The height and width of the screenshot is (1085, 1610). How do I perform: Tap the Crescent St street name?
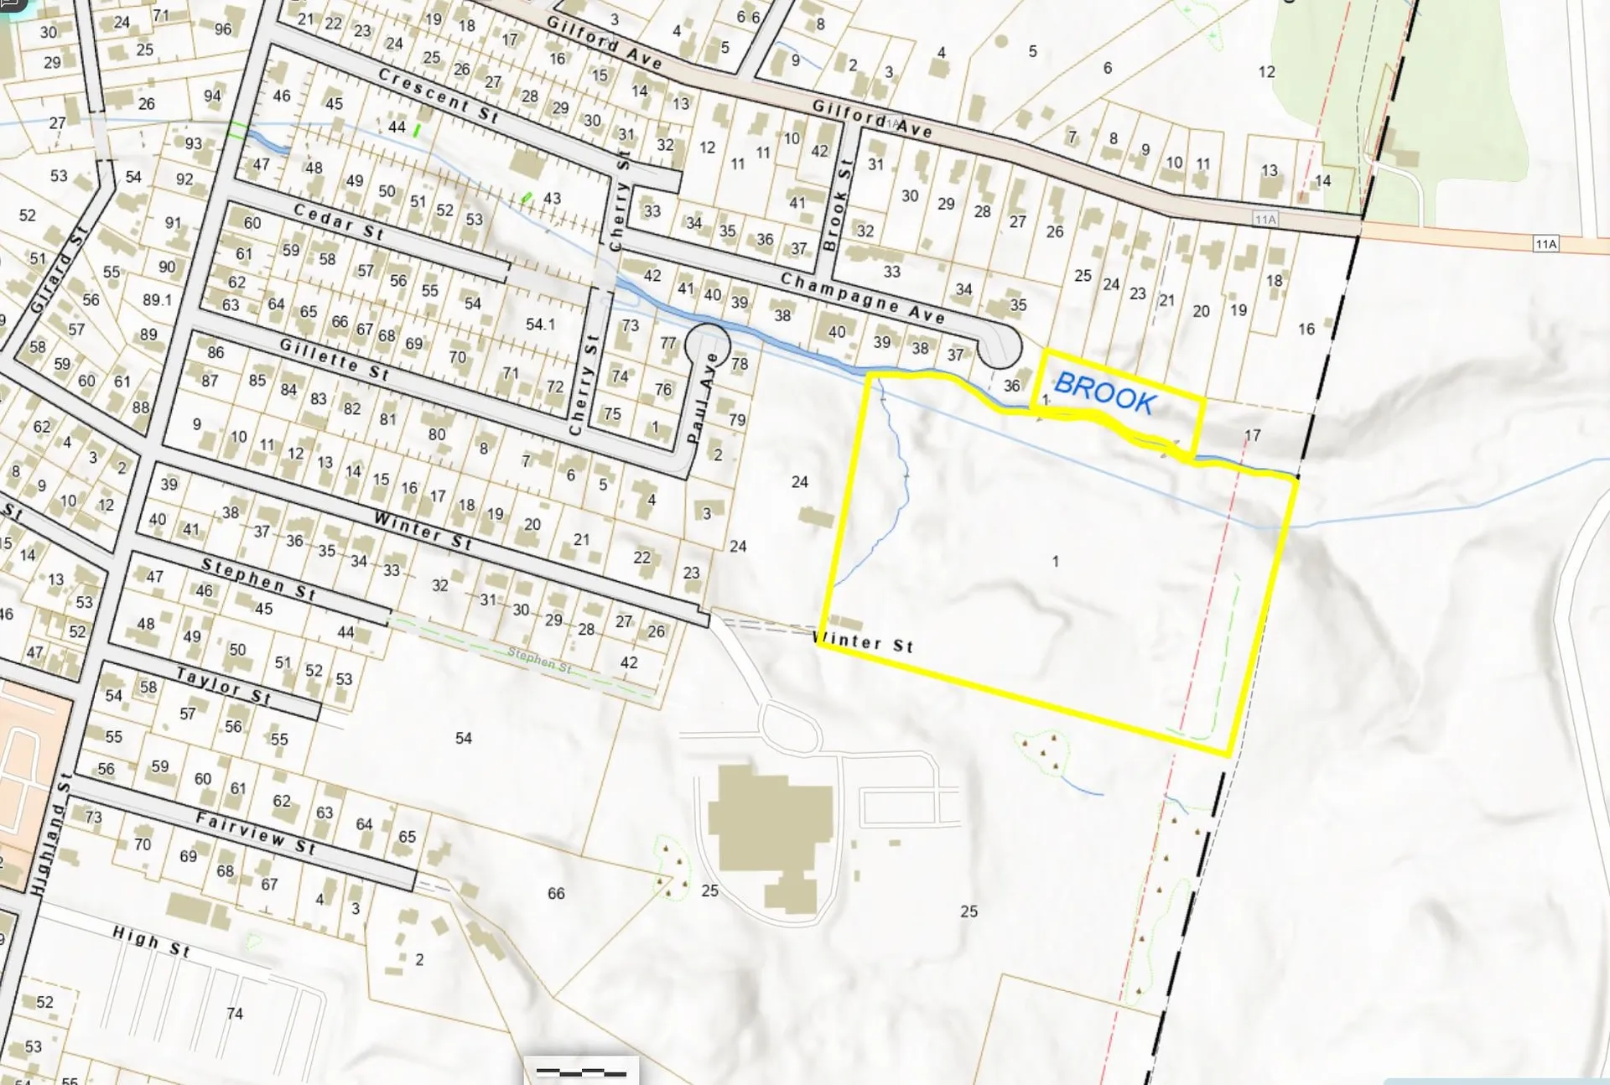[x=438, y=96]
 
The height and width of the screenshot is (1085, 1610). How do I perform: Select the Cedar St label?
[x=338, y=222]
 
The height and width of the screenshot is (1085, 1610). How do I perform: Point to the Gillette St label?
[x=334, y=359]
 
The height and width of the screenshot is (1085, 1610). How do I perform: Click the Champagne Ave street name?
[x=863, y=298]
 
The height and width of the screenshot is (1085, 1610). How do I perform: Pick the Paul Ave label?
[x=703, y=397]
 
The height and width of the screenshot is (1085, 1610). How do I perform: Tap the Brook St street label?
[x=837, y=204]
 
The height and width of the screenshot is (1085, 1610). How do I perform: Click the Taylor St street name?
[x=223, y=685]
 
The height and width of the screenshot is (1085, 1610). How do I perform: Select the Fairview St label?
[x=256, y=833]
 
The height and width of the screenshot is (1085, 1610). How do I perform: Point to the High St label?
[x=152, y=941]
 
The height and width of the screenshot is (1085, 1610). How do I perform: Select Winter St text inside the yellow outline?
[x=864, y=642]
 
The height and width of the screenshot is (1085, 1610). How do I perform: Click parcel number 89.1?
[x=157, y=299]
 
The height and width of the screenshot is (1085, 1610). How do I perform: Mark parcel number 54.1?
[x=540, y=324]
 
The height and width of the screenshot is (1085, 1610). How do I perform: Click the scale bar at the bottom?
[x=581, y=1072]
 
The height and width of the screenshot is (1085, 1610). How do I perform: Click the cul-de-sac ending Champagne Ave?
[x=1000, y=345]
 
